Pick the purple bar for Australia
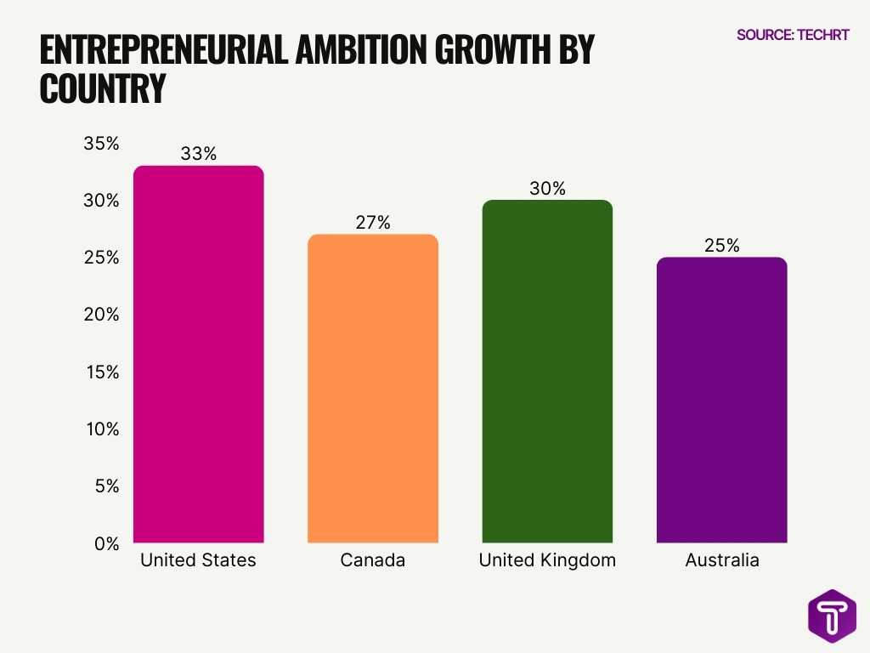coord(721,400)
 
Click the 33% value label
coord(198,154)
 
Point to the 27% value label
coord(372,223)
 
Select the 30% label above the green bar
coord(547,189)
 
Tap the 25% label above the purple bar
coord(721,246)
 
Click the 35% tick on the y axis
coord(101,144)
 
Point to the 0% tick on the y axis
coord(105,543)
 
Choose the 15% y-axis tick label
coord(101,372)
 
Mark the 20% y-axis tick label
coord(101,315)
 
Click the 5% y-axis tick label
coord(105,486)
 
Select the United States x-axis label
coord(198,561)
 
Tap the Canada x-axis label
coord(372,561)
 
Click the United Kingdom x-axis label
coord(547,561)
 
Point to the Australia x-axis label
coord(721,561)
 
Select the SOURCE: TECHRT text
coord(792,36)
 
